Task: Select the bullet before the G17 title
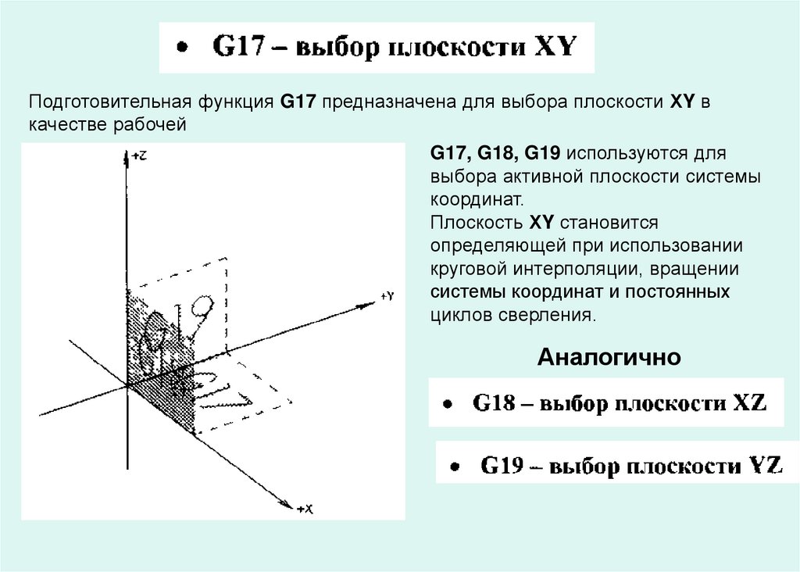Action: tap(181, 48)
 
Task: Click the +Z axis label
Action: tap(139, 156)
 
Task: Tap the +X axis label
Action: tap(305, 509)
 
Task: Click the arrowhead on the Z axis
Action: tap(127, 159)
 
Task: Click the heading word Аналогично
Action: tap(609, 358)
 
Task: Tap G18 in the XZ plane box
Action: tap(493, 404)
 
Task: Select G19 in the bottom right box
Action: tap(502, 467)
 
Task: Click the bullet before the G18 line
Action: tap(446, 406)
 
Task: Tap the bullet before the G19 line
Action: tap(453, 468)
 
